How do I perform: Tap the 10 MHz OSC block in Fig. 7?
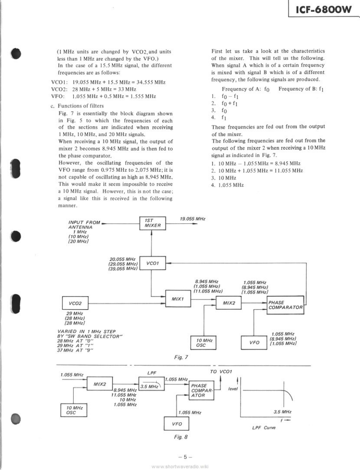coord(203,343)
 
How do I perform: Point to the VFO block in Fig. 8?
coord(176,424)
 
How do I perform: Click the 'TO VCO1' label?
coord(221,371)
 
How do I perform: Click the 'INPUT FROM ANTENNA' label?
coord(84,225)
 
